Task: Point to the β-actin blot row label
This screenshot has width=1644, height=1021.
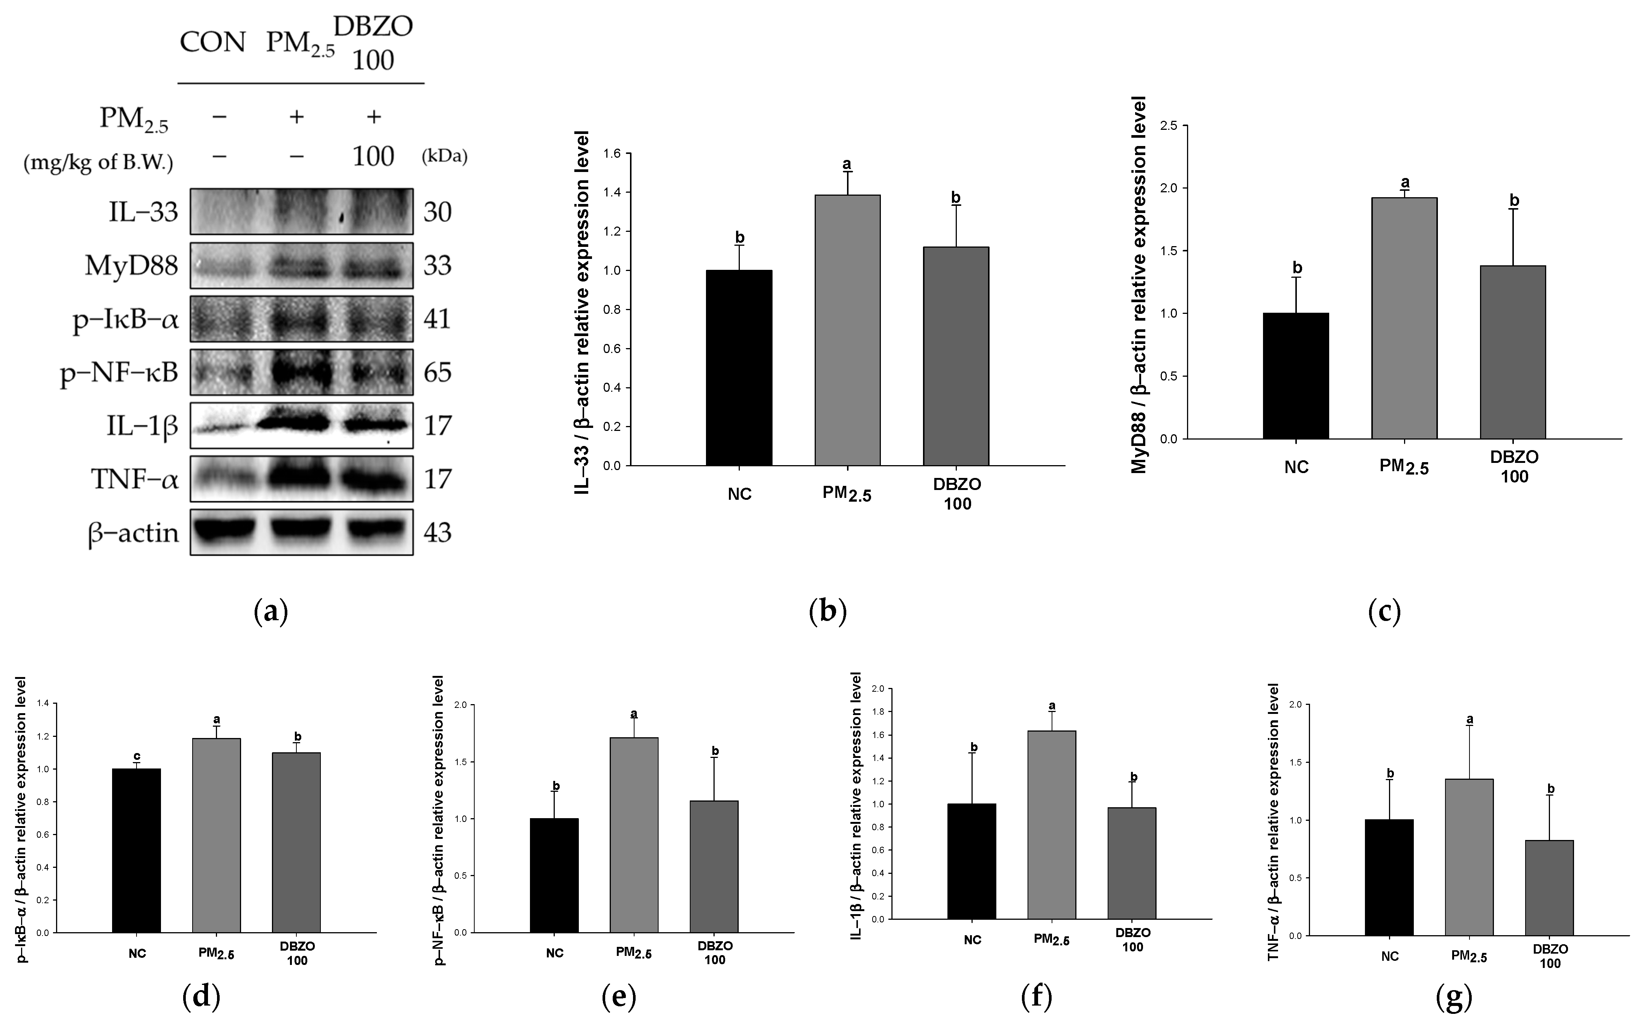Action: (x=134, y=533)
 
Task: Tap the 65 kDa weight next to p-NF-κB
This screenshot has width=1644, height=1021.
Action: (x=437, y=372)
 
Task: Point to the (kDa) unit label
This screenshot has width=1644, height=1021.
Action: (x=445, y=157)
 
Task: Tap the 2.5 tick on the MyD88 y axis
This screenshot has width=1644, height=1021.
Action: (x=1169, y=126)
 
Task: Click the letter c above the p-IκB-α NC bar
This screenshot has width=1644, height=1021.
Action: (x=136, y=756)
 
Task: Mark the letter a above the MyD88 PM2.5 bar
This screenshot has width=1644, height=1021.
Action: (x=1405, y=182)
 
